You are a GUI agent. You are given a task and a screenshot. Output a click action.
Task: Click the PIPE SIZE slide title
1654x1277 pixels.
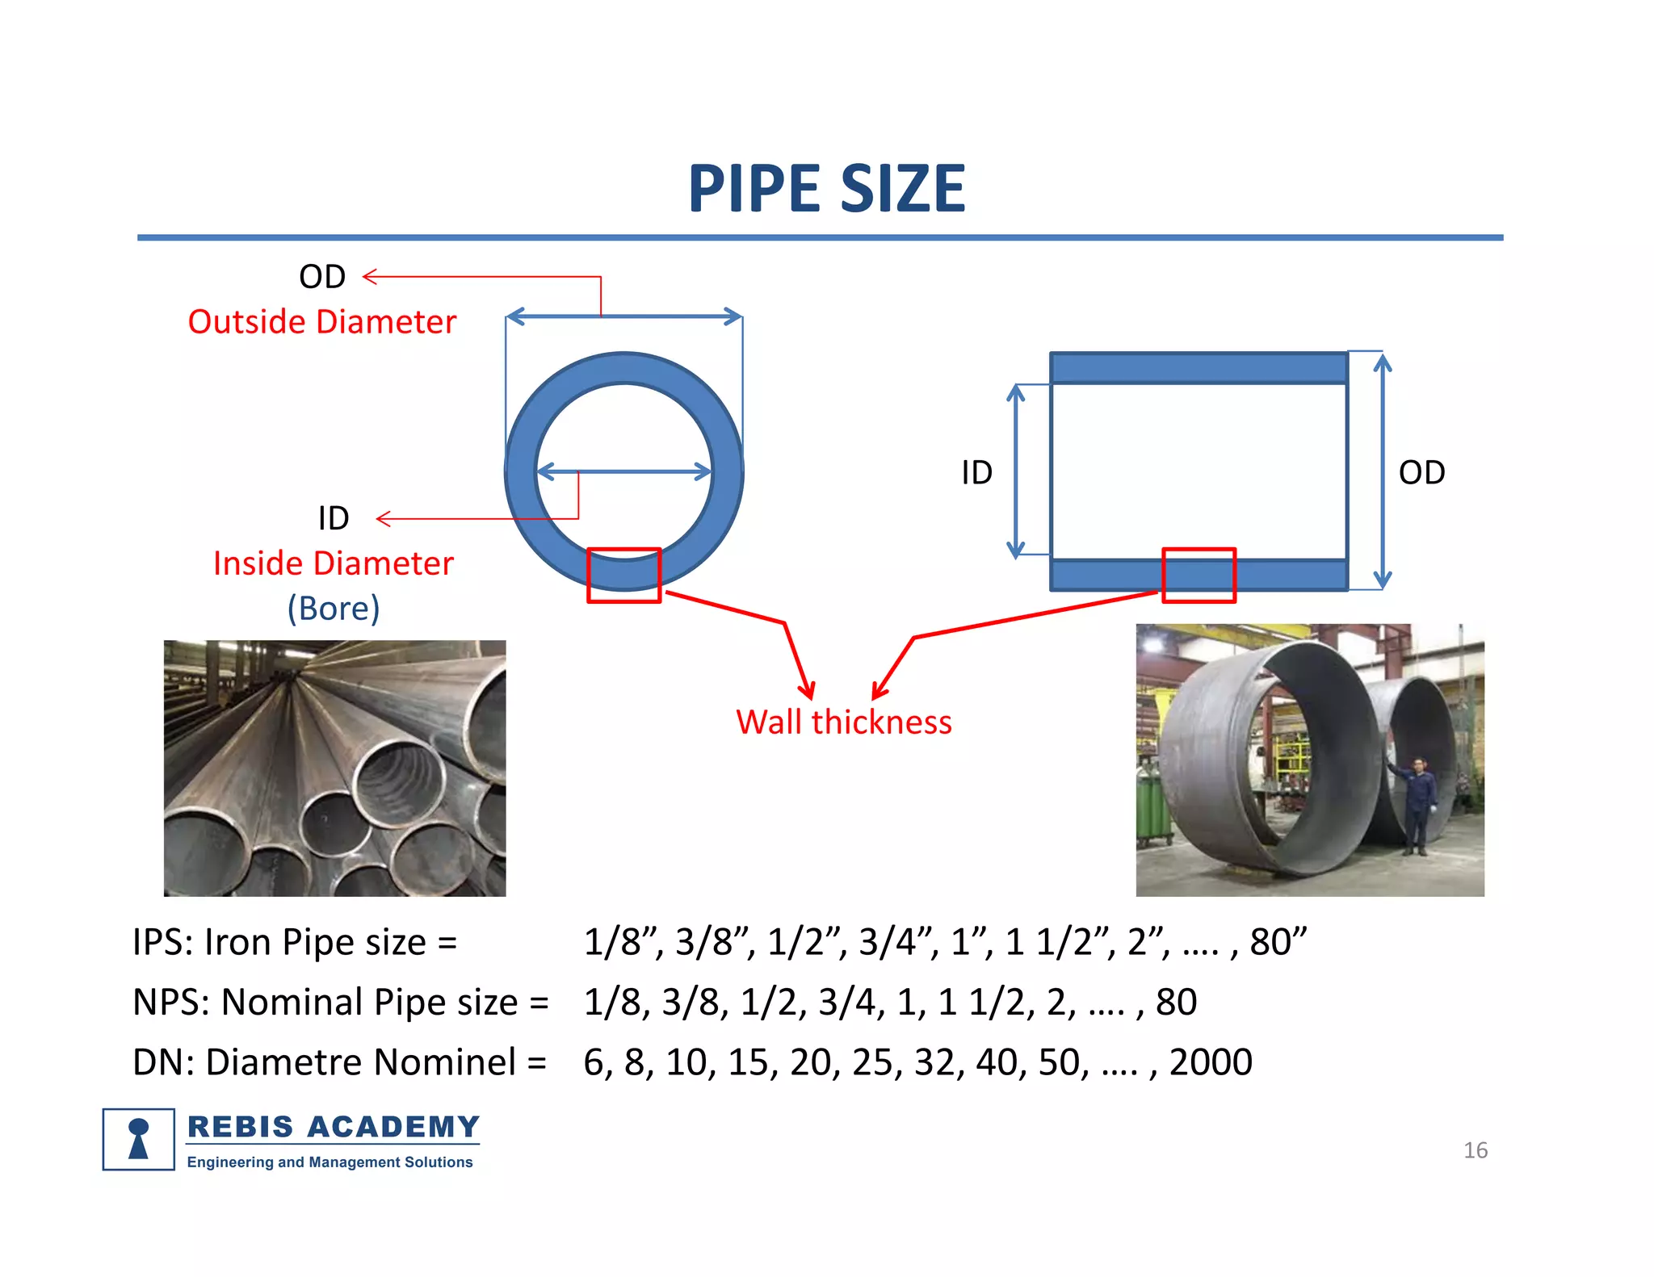click(x=826, y=189)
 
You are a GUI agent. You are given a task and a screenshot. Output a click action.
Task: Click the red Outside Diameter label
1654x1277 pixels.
click(x=321, y=322)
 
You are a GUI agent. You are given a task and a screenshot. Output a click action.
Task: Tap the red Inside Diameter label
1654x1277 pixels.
click(x=333, y=563)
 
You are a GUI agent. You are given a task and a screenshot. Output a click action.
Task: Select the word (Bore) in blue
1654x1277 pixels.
click(x=334, y=609)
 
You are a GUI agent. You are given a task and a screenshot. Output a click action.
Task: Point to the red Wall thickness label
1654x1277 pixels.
click(x=844, y=722)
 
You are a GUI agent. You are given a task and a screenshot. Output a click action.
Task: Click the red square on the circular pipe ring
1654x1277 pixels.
click(x=623, y=576)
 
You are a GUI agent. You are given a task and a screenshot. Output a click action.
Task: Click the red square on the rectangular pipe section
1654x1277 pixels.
click(x=1199, y=576)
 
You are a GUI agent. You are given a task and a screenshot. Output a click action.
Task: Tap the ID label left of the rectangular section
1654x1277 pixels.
click(x=976, y=473)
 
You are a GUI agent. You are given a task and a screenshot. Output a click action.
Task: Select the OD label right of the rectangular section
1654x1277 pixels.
click(x=1421, y=473)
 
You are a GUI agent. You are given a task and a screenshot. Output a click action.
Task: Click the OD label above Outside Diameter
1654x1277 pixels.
click(x=322, y=277)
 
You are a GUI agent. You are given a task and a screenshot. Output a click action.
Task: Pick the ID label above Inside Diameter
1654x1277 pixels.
click(x=333, y=518)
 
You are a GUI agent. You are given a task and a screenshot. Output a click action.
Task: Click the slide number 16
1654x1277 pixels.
click(x=1475, y=1150)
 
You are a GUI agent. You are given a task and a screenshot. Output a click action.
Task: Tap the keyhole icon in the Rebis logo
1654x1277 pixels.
click(x=139, y=1139)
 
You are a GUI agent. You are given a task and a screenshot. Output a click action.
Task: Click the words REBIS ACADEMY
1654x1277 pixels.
click(x=333, y=1127)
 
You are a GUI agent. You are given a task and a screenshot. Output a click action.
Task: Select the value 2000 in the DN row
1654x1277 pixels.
click(x=1211, y=1062)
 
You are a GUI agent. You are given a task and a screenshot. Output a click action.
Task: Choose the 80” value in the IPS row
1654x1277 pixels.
click(x=1278, y=942)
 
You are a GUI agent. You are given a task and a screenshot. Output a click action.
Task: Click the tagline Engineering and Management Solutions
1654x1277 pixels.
click(x=330, y=1162)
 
